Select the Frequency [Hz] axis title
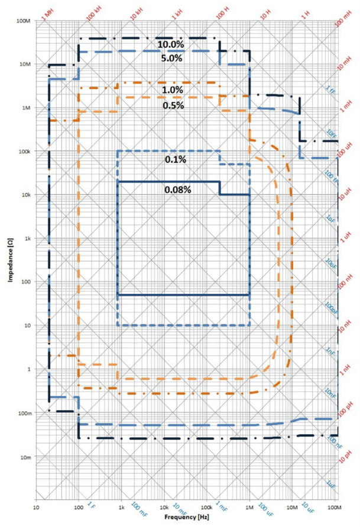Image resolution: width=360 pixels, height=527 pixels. click(185, 517)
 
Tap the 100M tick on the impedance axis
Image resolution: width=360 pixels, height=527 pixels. click(24, 21)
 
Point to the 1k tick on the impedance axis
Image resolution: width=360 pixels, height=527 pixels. click(27, 239)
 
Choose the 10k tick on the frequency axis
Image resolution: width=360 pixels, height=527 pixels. click(164, 508)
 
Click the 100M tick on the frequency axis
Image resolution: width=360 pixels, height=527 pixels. click(335, 508)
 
